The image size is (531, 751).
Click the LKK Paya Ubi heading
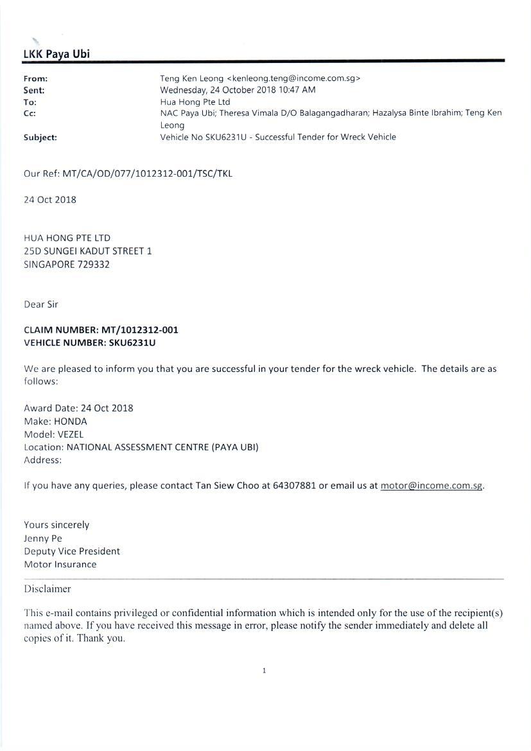click(57, 54)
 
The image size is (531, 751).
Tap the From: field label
click(35, 78)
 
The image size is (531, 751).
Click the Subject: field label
click(40, 137)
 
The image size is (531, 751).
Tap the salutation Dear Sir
click(41, 304)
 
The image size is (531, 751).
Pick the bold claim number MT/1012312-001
click(139, 330)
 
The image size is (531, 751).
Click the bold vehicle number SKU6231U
click(132, 342)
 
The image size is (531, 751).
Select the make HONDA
click(71, 421)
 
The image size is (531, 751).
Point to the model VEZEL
click(71, 434)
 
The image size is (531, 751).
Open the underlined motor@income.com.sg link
click(431, 485)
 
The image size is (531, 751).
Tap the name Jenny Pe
click(43, 538)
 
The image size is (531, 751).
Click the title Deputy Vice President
click(72, 551)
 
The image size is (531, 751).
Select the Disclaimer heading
click(48, 588)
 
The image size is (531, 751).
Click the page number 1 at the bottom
click(264, 671)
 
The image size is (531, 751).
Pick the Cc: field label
click(30, 113)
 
